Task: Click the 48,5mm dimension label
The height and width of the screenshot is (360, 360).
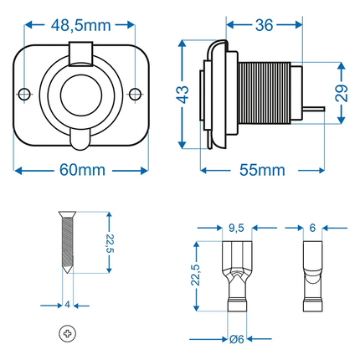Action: pos(81,26)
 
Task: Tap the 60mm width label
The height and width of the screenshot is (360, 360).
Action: pos(82,170)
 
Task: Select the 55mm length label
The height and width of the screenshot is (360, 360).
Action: pos(262,170)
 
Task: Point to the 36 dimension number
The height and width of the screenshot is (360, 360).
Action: pos(264,25)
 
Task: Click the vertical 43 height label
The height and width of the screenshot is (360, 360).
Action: pos(183,95)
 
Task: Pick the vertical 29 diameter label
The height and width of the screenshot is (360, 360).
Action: pos(342,93)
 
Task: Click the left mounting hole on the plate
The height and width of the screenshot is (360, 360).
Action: pos(24,94)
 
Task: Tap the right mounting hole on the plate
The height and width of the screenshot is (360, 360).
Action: pos(136,94)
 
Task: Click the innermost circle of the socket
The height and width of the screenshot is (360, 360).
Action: pos(81,95)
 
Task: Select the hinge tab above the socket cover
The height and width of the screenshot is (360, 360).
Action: pos(81,54)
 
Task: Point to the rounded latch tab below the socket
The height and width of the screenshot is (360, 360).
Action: pos(80,140)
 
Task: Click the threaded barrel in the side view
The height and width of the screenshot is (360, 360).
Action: pos(265,93)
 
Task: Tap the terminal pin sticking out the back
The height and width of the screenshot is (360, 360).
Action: pos(313,109)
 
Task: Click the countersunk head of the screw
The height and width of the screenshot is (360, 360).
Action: pos(67,214)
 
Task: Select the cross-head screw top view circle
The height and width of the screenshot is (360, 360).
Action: pos(68,333)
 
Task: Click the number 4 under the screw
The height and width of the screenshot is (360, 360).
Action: pos(67,305)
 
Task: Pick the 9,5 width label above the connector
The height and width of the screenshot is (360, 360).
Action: pos(236,228)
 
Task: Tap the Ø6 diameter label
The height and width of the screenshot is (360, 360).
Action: pos(237,339)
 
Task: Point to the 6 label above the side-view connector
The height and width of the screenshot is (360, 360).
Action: pos(312,228)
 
